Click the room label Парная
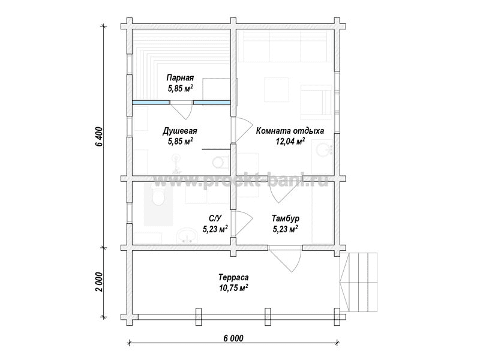180,77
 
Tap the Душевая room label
179,131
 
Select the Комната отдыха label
290,131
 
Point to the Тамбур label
286,218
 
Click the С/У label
215,218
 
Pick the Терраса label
233,278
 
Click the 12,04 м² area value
290,142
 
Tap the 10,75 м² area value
233,288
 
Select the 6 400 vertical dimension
99,137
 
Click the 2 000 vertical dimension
99,281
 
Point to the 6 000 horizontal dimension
233,338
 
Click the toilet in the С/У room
158,196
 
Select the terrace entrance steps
359,282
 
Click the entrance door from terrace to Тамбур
286,259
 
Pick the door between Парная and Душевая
182,110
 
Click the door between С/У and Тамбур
242,223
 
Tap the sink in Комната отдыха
324,151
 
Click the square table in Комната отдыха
277,89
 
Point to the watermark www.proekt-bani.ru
241,181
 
